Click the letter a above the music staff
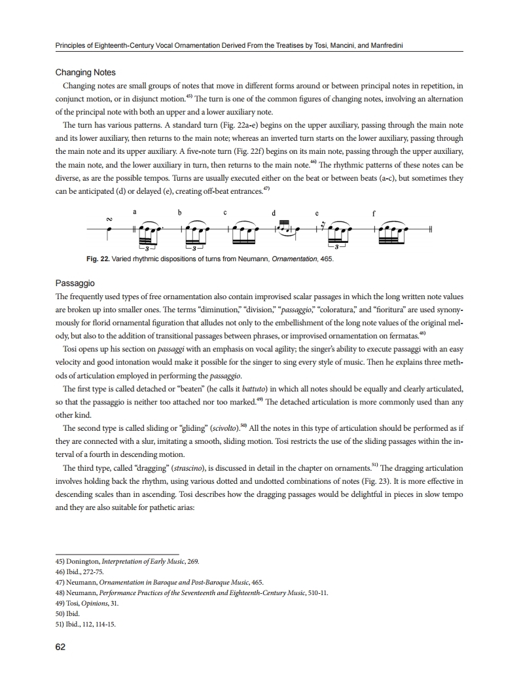pos(134,212)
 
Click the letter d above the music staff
pos(272,212)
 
